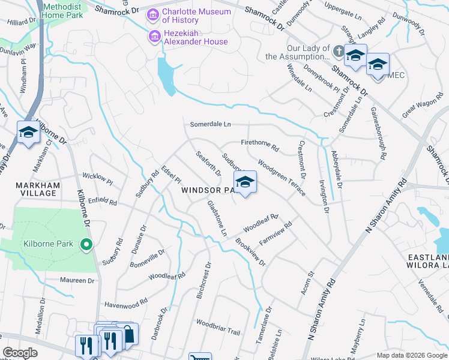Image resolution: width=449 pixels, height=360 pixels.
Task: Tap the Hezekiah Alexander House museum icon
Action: pos(154,37)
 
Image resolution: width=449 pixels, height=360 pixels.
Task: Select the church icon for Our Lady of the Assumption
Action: pos(339,52)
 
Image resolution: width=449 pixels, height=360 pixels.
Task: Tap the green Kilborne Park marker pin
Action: pos(86,244)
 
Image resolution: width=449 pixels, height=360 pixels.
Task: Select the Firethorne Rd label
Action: pos(260,145)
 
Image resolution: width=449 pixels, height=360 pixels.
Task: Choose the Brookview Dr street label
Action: pos(250,253)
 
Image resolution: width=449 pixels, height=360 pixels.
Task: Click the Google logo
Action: pos(20,353)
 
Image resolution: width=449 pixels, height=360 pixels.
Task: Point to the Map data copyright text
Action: pos(411,355)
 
